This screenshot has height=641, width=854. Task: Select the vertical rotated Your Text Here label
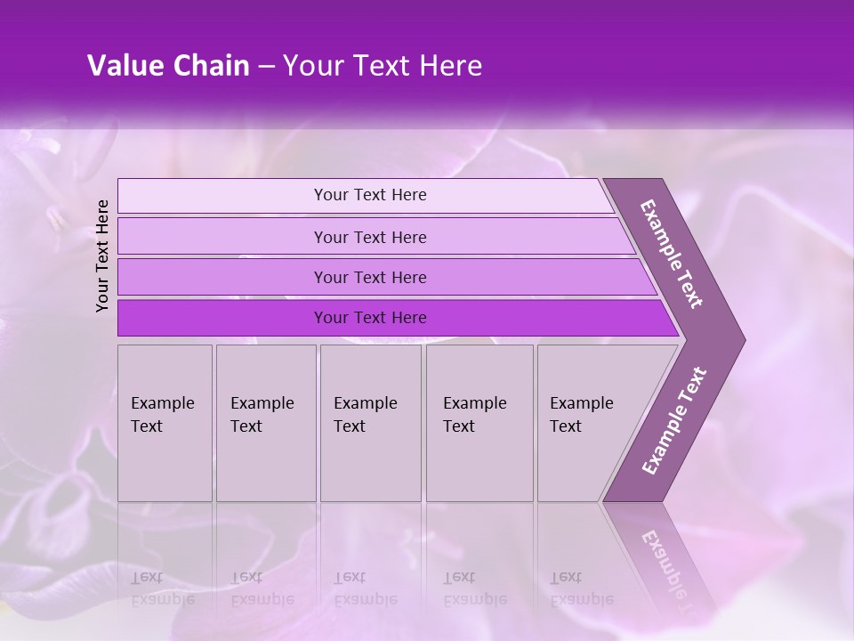tap(102, 256)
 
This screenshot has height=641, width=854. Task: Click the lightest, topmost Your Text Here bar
tap(369, 195)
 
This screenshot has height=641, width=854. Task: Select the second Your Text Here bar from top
tap(369, 237)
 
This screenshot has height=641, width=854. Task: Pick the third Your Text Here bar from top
tap(369, 277)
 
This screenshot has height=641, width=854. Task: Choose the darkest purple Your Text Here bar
tap(369, 318)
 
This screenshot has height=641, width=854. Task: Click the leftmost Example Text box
tap(165, 423)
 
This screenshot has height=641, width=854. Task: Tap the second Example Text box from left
tap(265, 423)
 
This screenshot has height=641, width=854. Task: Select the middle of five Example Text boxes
tap(370, 423)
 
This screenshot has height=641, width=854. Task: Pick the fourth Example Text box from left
tap(479, 423)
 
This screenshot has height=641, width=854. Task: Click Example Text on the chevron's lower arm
tap(673, 421)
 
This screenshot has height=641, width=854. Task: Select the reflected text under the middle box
tap(365, 588)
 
